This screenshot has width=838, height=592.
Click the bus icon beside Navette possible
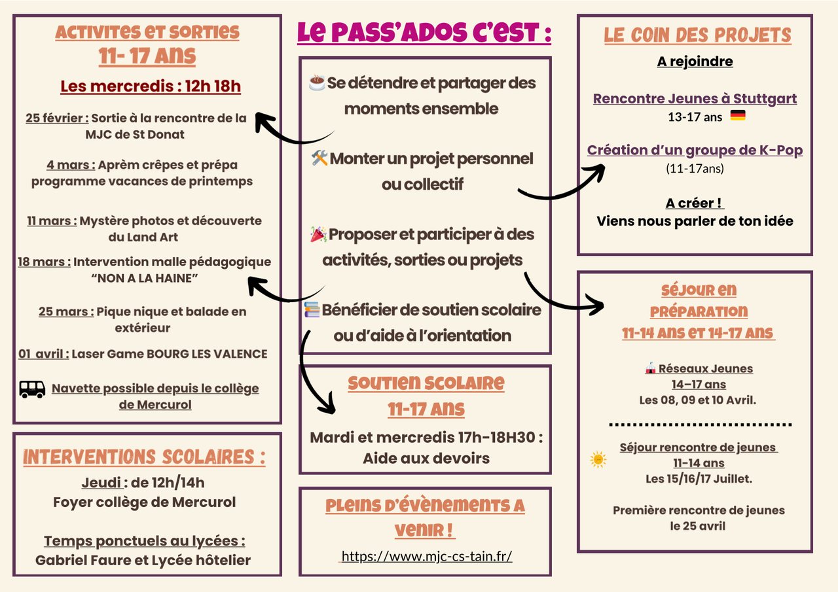click(x=32, y=389)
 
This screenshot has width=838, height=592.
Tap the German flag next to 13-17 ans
click(x=738, y=116)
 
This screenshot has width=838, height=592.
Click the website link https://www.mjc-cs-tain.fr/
click(x=426, y=556)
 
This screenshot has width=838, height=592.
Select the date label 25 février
click(x=57, y=118)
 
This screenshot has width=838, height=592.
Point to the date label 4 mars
click(x=71, y=165)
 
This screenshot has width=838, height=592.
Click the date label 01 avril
click(x=43, y=354)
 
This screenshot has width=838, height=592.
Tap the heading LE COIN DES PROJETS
click(x=697, y=35)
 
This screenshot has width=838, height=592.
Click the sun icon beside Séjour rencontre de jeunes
click(x=598, y=460)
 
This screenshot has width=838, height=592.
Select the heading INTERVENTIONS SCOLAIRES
click(x=144, y=457)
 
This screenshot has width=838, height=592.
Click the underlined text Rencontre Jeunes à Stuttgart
click(x=695, y=99)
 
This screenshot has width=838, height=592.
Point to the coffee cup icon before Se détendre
click(x=317, y=83)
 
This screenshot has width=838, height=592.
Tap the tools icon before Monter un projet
click(x=319, y=158)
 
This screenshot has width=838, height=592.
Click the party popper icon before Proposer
click(x=318, y=234)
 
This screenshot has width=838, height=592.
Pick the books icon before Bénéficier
click(x=312, y=309)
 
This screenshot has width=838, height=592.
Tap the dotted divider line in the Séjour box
click(x=700, y=425)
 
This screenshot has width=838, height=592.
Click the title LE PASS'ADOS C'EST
click(x=424, y=33)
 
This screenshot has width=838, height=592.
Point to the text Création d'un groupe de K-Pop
click(x=695, y=150)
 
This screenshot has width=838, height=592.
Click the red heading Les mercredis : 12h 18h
click(x=151, y=86)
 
